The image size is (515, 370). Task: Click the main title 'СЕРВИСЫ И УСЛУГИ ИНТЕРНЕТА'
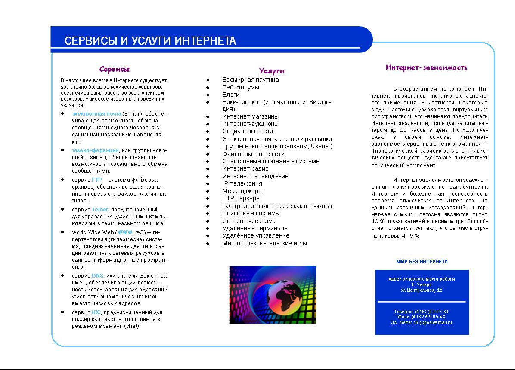pos(150,41)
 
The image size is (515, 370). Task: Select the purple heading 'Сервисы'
pos(115,69)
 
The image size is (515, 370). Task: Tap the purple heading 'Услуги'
pos(272,71)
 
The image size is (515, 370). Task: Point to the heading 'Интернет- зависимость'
pos(426,67)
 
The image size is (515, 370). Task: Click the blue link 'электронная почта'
pos(96,113)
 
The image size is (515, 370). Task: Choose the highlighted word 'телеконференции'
pos(95,150)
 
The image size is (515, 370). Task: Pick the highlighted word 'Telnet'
pos(99,209)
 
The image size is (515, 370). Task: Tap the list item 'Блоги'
pos(231,95)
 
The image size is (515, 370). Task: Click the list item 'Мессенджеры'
pos(242,191)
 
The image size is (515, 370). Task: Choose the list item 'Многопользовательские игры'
pos(264,243)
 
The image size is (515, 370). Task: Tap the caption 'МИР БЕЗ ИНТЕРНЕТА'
pos(422,261)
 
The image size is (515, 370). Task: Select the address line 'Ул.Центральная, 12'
pos(421,290)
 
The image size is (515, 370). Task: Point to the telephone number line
pos(421,312)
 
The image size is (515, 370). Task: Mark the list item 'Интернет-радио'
pos(245,168)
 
